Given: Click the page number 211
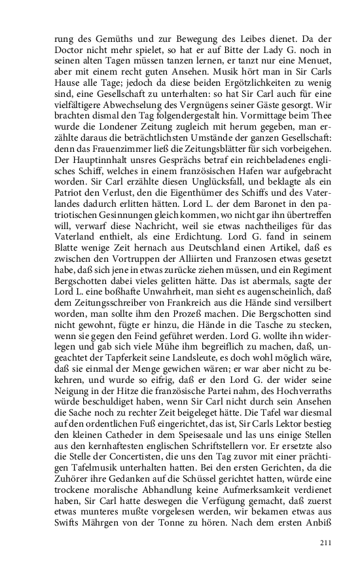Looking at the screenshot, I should tap(325, 543).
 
